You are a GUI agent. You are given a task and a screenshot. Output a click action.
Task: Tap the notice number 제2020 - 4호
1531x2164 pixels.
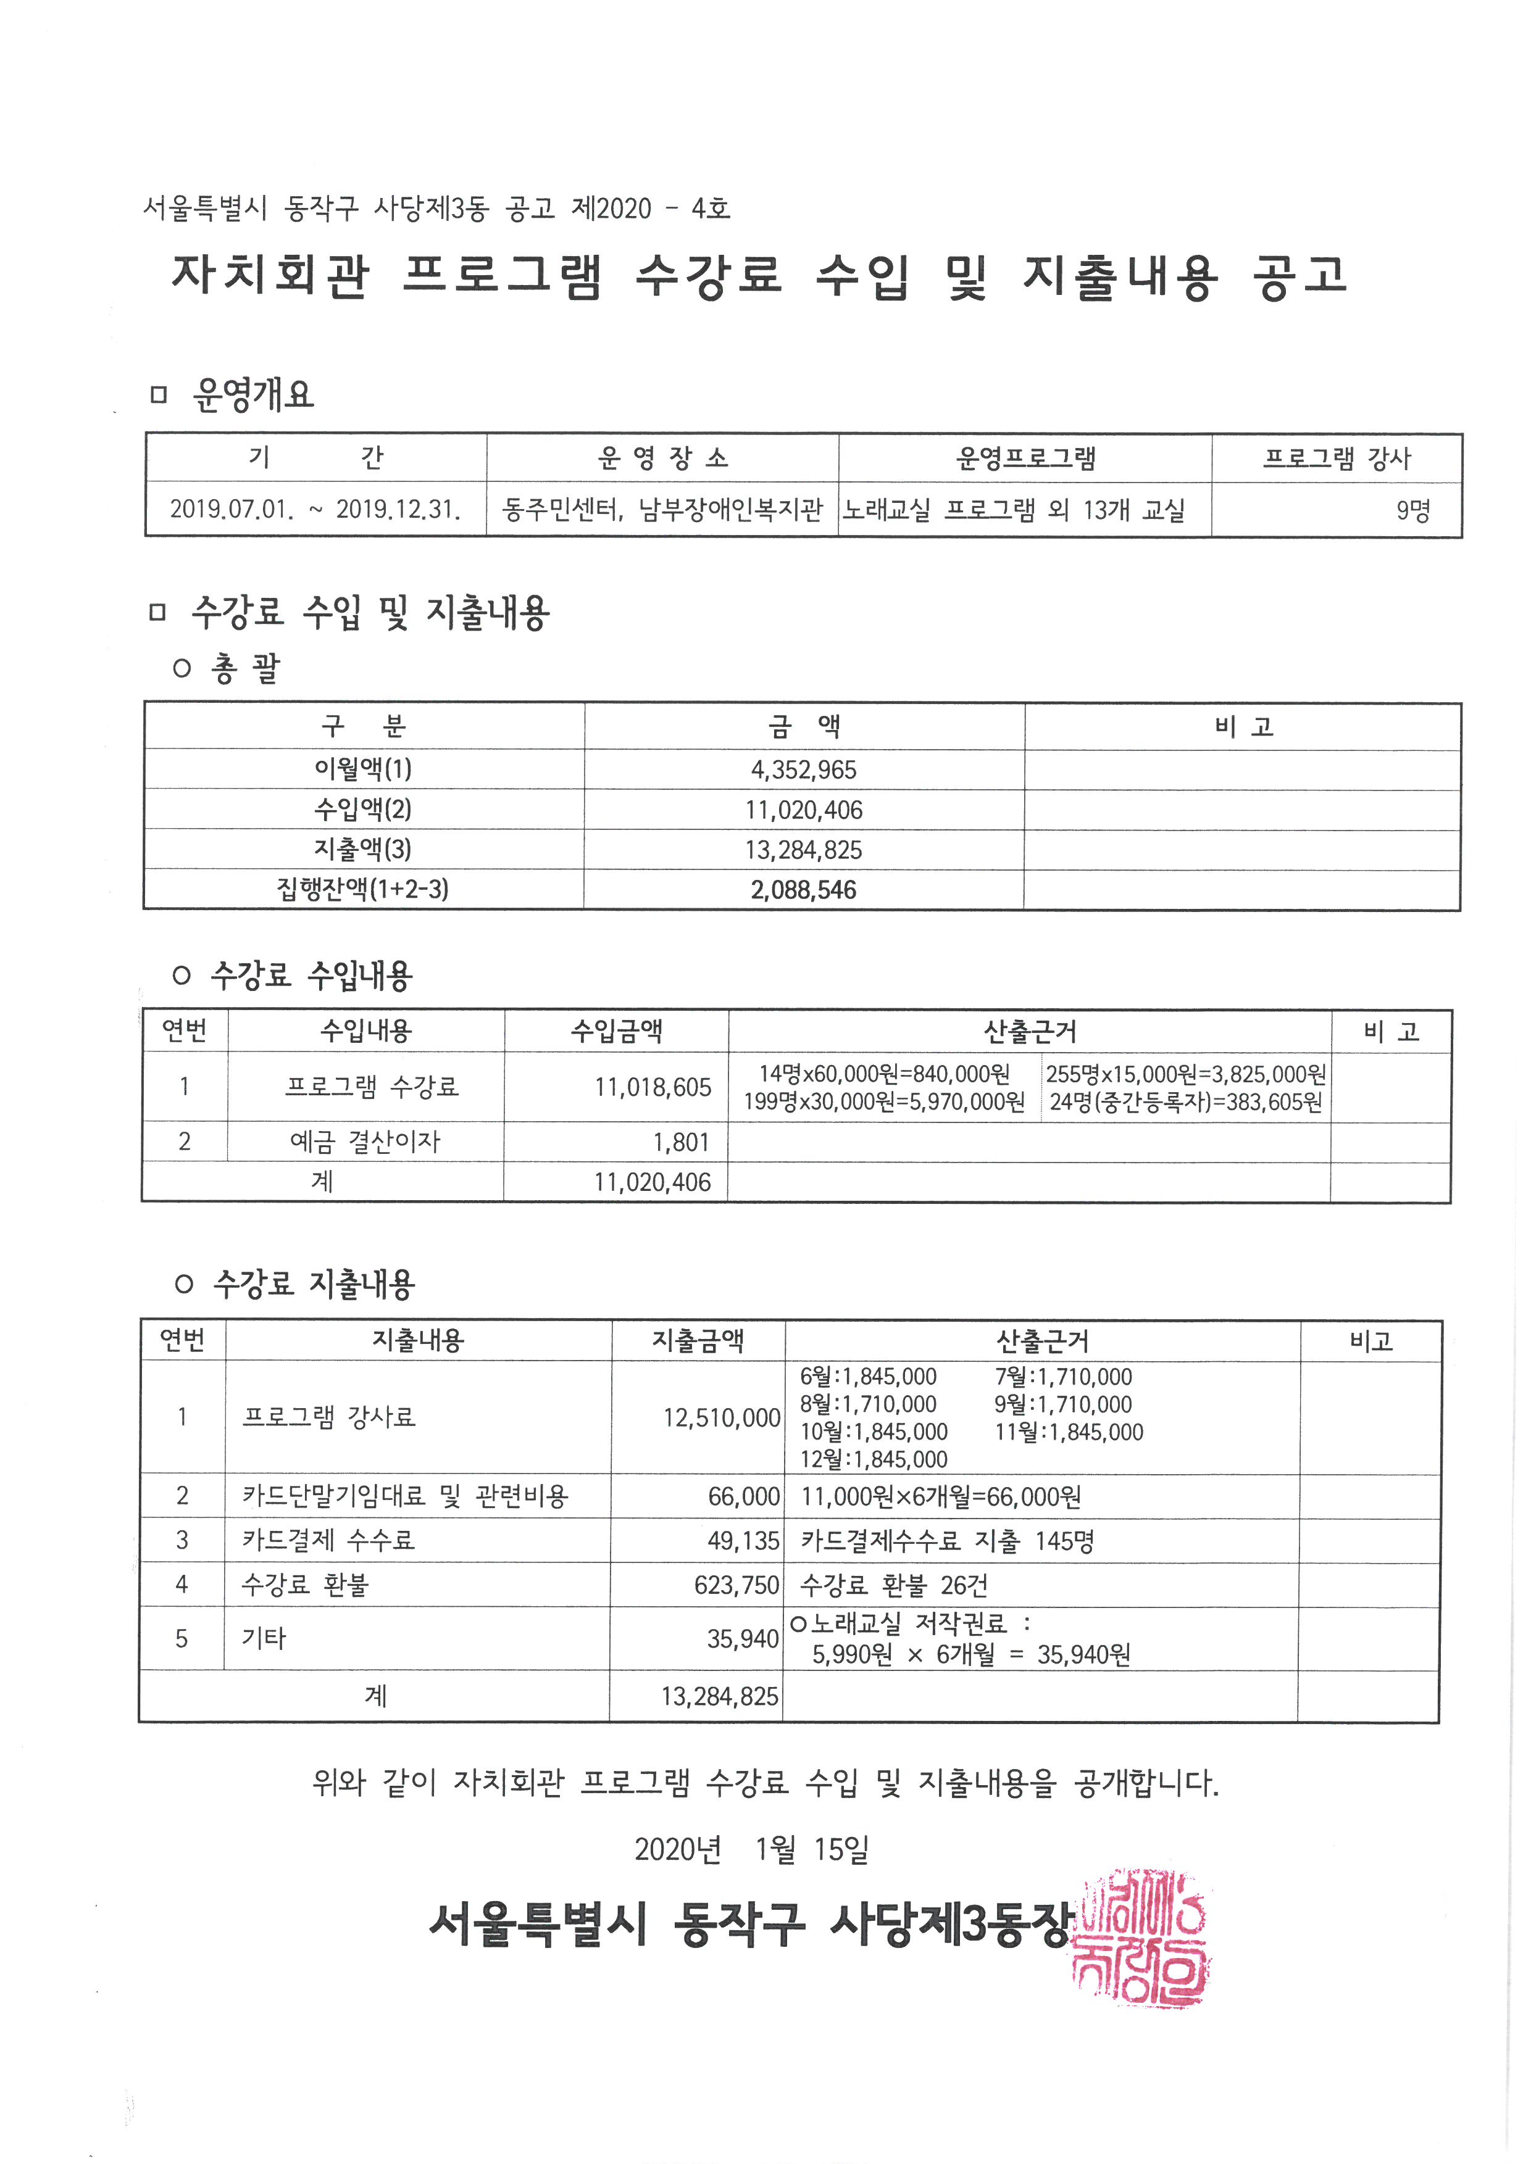coord(651,209)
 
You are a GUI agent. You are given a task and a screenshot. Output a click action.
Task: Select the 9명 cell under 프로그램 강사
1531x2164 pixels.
coord(1412,511)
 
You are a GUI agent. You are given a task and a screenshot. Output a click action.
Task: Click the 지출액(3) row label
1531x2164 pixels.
coord(363,849)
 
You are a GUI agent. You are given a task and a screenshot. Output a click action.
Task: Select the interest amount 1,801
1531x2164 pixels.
coord(681,1142)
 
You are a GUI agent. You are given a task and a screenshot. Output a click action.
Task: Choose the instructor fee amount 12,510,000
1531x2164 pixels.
coord(721,1417)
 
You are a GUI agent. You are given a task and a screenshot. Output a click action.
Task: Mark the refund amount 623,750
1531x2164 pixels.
coord(736,1585)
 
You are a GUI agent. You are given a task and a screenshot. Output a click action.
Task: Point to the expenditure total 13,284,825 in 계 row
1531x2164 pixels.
coord(719,1696)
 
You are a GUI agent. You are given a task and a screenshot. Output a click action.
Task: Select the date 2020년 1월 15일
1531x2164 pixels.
coord(751,1849)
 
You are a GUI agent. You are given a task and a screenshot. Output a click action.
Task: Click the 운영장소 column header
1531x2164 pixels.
coord(663,458)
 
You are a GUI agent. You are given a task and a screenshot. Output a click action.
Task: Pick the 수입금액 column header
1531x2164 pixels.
coord(617,1031)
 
